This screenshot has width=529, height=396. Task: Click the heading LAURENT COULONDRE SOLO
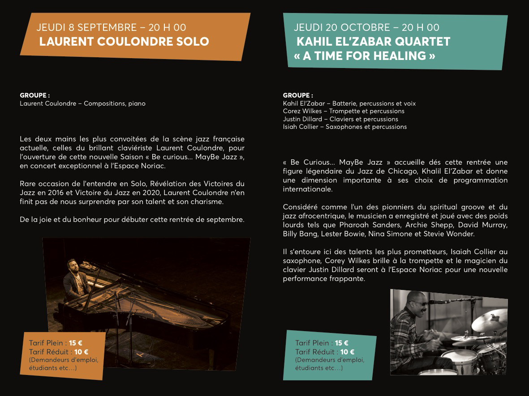point(124,42)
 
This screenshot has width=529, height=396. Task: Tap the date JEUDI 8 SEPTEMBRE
point(86,28)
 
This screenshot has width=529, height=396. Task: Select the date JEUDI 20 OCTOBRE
point(342,28)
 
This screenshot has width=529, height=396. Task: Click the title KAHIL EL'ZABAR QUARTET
point(373,42)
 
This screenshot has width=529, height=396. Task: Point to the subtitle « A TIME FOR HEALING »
point(364,56)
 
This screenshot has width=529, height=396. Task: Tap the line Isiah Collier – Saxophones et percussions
point(345,127)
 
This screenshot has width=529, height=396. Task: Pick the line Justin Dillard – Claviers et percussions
point(340,119)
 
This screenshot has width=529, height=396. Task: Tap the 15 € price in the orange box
point(76,343)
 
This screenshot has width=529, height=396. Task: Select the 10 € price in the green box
point(347,352)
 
